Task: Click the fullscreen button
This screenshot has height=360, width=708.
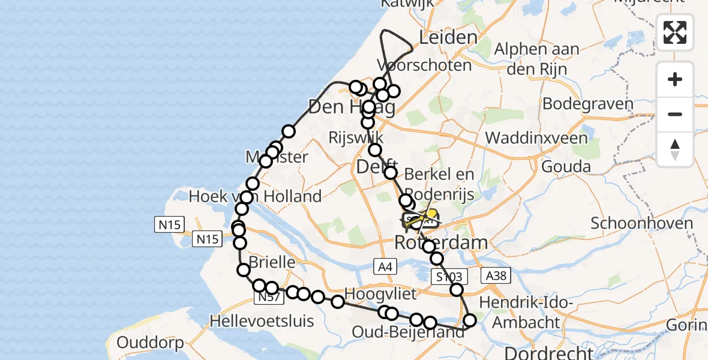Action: click(x=675, y=32)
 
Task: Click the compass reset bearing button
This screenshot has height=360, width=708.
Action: click(x=675, y=149)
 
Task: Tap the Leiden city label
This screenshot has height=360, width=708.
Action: click(x=448, y=38)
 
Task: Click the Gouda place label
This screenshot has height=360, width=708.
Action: click(x=566, y=166)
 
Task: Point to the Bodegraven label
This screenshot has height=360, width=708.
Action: click(x=587, y=104)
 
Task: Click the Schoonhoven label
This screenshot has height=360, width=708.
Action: click(x=641, y=224)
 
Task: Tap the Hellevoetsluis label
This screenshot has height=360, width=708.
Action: click(x=262, y=321)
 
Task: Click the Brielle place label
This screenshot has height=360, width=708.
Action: click(x=272, y=262)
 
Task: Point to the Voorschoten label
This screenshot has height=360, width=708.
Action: click(x=424, y=65)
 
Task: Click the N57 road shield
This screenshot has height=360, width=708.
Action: click(x=268, y=297)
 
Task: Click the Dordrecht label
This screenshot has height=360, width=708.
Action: click(x=549, y=352)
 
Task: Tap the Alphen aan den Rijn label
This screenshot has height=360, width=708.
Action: click(x=536, y=59)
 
